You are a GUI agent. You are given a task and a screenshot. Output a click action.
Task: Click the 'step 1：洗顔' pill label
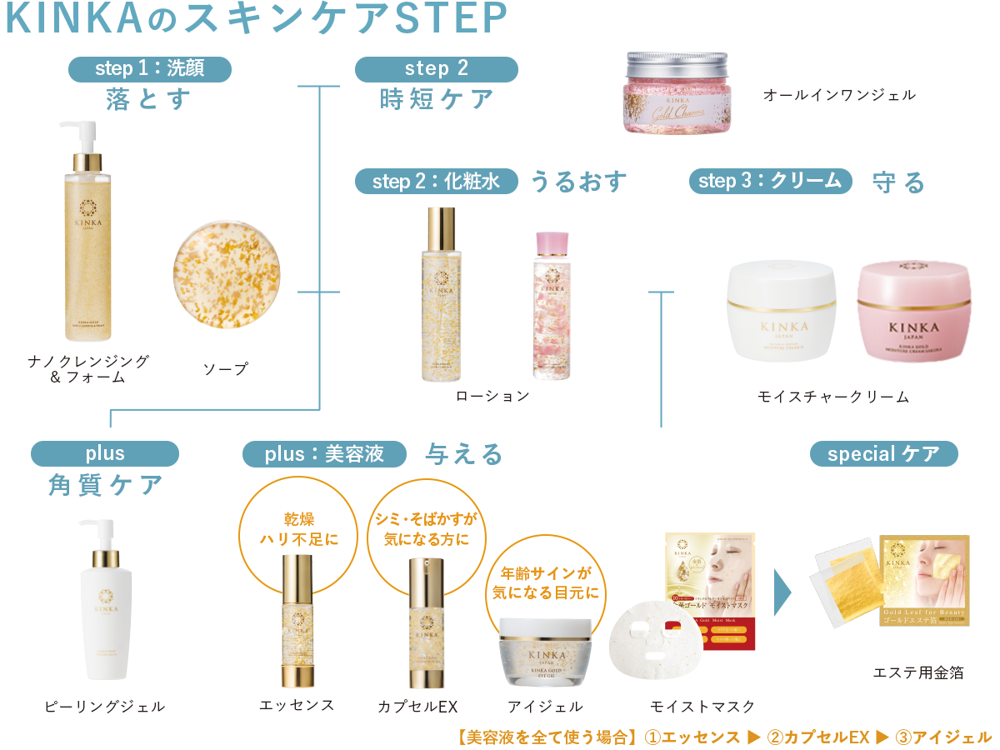[x=149, y=68]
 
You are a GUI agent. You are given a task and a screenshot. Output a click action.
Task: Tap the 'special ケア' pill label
[x=883, y=454]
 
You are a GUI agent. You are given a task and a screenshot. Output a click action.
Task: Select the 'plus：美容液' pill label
[x=324, y=454]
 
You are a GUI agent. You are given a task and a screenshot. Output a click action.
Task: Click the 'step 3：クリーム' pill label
[x=770, y=181]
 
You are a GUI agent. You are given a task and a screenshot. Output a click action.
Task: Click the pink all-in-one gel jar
[x=675, y=94]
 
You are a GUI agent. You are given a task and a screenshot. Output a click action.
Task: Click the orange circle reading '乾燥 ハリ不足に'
[x=299, y=529]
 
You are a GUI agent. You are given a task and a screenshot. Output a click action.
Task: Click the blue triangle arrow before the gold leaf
[x=782, y=592]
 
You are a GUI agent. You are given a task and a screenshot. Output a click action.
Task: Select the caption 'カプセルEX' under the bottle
[x=417, y=707]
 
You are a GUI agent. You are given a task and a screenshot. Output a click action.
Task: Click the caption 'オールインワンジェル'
[x=839, y=95]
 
